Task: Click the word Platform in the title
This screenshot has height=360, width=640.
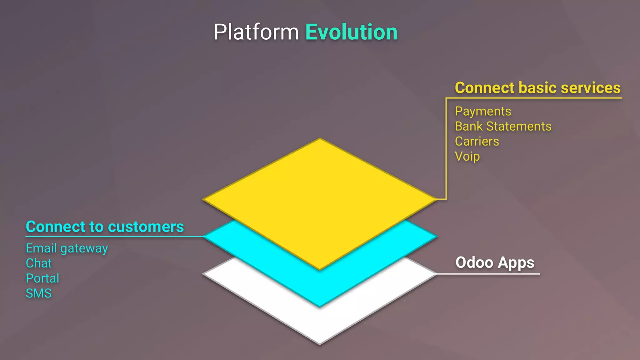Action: pos(256,32)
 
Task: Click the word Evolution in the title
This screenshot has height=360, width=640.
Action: pos(351,32)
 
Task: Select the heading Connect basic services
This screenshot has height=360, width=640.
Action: pos(537,88)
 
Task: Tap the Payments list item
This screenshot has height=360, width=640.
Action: pos(483,111)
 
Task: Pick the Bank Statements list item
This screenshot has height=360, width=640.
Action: pos(503,126)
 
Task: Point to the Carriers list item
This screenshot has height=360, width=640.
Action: pos(477,141)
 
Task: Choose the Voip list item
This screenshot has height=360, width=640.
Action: pos(467,156)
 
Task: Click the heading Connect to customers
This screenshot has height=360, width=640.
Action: pos(105,227)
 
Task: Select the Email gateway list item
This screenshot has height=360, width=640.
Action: pos(67,248)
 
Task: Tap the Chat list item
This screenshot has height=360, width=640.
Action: pos(38,263)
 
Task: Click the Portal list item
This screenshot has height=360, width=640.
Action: pos(42,278)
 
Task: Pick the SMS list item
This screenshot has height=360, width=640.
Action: pos(38,293)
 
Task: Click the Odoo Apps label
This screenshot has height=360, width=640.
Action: pos(495,262)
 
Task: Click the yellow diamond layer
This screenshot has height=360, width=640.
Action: pos(319,200)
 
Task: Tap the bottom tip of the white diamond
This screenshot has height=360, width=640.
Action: pos(319,343)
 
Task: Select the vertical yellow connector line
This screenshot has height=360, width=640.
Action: pos(446,150)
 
